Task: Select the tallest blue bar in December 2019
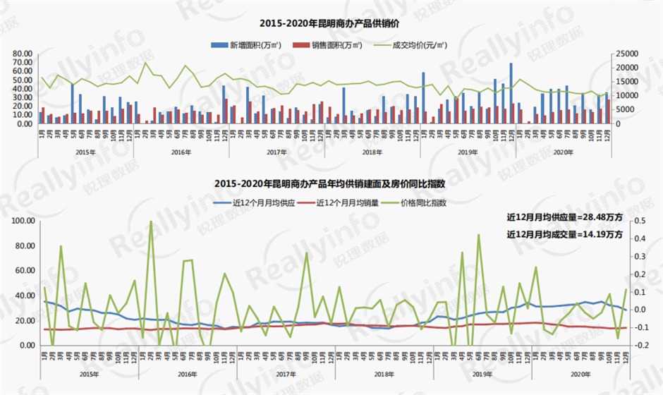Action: click(x=511, y=93)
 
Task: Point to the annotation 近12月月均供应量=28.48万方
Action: click(x=564, y=217)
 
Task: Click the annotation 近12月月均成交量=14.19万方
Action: click(x=564, y=234)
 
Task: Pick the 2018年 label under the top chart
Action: click(x=372, y=152)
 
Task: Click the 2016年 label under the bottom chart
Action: click(x=188, y=373)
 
